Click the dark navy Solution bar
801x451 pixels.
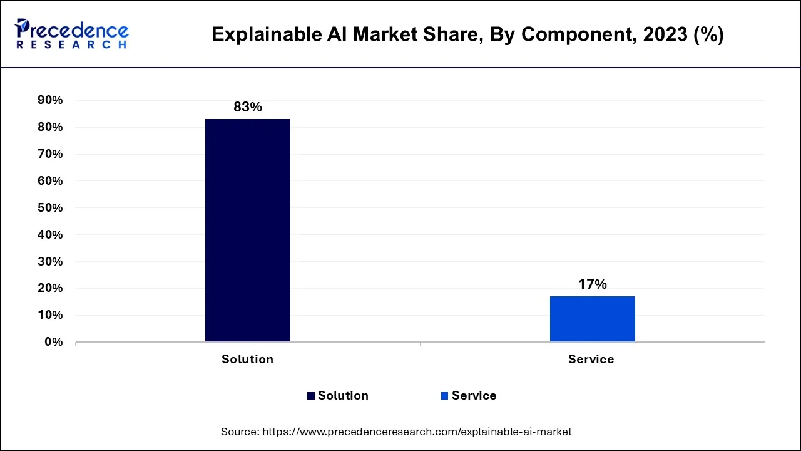click(x=247, y=230)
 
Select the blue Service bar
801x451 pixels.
click(x=592, y=319)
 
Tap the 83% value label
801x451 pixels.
click(x=248, y=107)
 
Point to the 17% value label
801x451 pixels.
click(x=592, y=284)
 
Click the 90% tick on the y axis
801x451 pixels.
click(x=50, y=100)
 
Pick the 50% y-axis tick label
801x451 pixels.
click(x=50, y=208)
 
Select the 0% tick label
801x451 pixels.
click(x=53, y=342)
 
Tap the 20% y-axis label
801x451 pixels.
click(x=50, y=288)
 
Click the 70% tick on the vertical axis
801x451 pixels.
click(x=50, y=154)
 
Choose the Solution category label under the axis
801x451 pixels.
click(x=247, y=360)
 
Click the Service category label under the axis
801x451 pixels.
click(x=591, y=360)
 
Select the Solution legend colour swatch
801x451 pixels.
click(x=311, y=396)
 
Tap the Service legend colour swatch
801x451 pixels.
click(x=444, y=396)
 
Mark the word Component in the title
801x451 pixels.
click(x=572, y=34)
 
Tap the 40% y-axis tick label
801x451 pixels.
click(x=50, y=235)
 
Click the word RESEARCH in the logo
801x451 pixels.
click(x=71, y=45)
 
